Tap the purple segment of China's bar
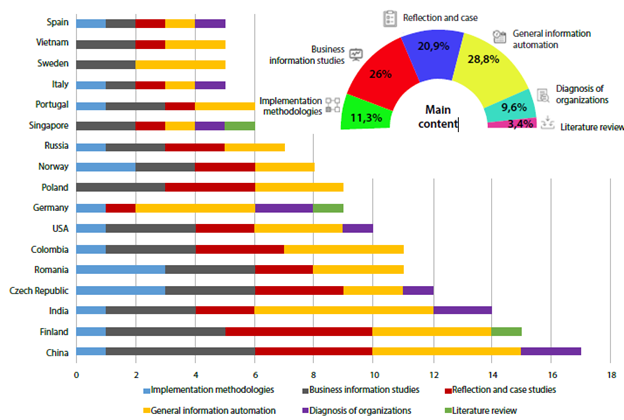[x=550, y=351]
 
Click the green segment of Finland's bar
[x=506, y=330]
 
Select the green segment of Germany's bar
[x=328, y=207]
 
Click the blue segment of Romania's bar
[x=120, y=269]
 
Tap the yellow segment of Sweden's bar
[x=180, y=63]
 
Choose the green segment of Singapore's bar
[x=240, y=125]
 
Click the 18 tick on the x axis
[x=610, y=375]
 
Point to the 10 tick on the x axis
[x=372, y=375]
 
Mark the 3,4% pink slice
[x=519, y=124]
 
